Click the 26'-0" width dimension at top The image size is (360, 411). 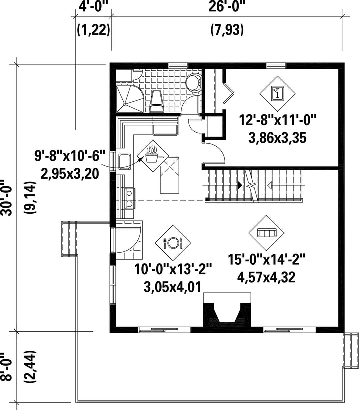[x=227, y=6]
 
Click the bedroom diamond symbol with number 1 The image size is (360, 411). [x=277, y=93]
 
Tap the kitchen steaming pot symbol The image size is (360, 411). [x=153, y=156]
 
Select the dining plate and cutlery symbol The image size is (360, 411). [x=173, y=243]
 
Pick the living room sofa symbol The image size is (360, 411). [x=267, y=233]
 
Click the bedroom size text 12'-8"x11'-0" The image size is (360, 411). [x=278, y=121]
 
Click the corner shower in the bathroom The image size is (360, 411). [x=129, y=99]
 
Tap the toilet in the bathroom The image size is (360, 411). [x=157, y=101]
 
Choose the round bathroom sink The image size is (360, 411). [x=193, y=82]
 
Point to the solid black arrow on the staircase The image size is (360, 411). [x=240, y=185]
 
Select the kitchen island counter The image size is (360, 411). [x=169, y=175]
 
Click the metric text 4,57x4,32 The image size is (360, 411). [x=266, y=277]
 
